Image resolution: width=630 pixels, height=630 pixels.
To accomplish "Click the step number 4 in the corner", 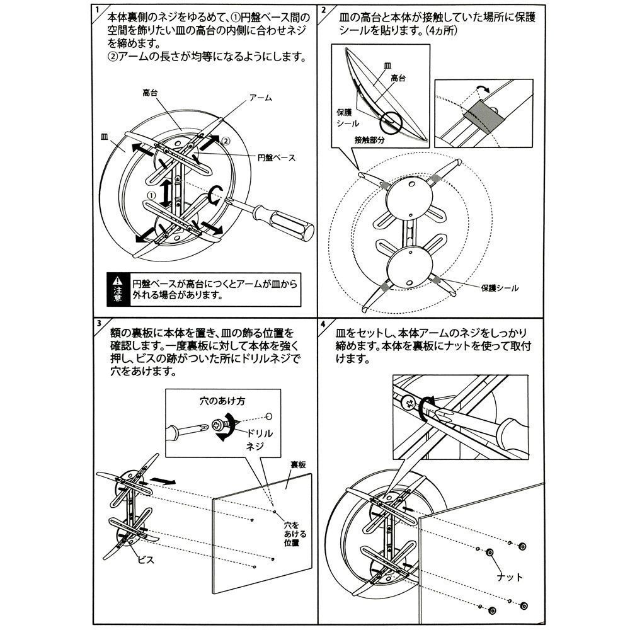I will [323, 324].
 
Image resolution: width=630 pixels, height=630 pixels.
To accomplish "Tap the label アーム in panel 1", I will [260, 98].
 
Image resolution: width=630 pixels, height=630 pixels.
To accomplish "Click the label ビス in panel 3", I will [146, 559].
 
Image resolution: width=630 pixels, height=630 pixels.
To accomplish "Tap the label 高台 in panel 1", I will [151, 92].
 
